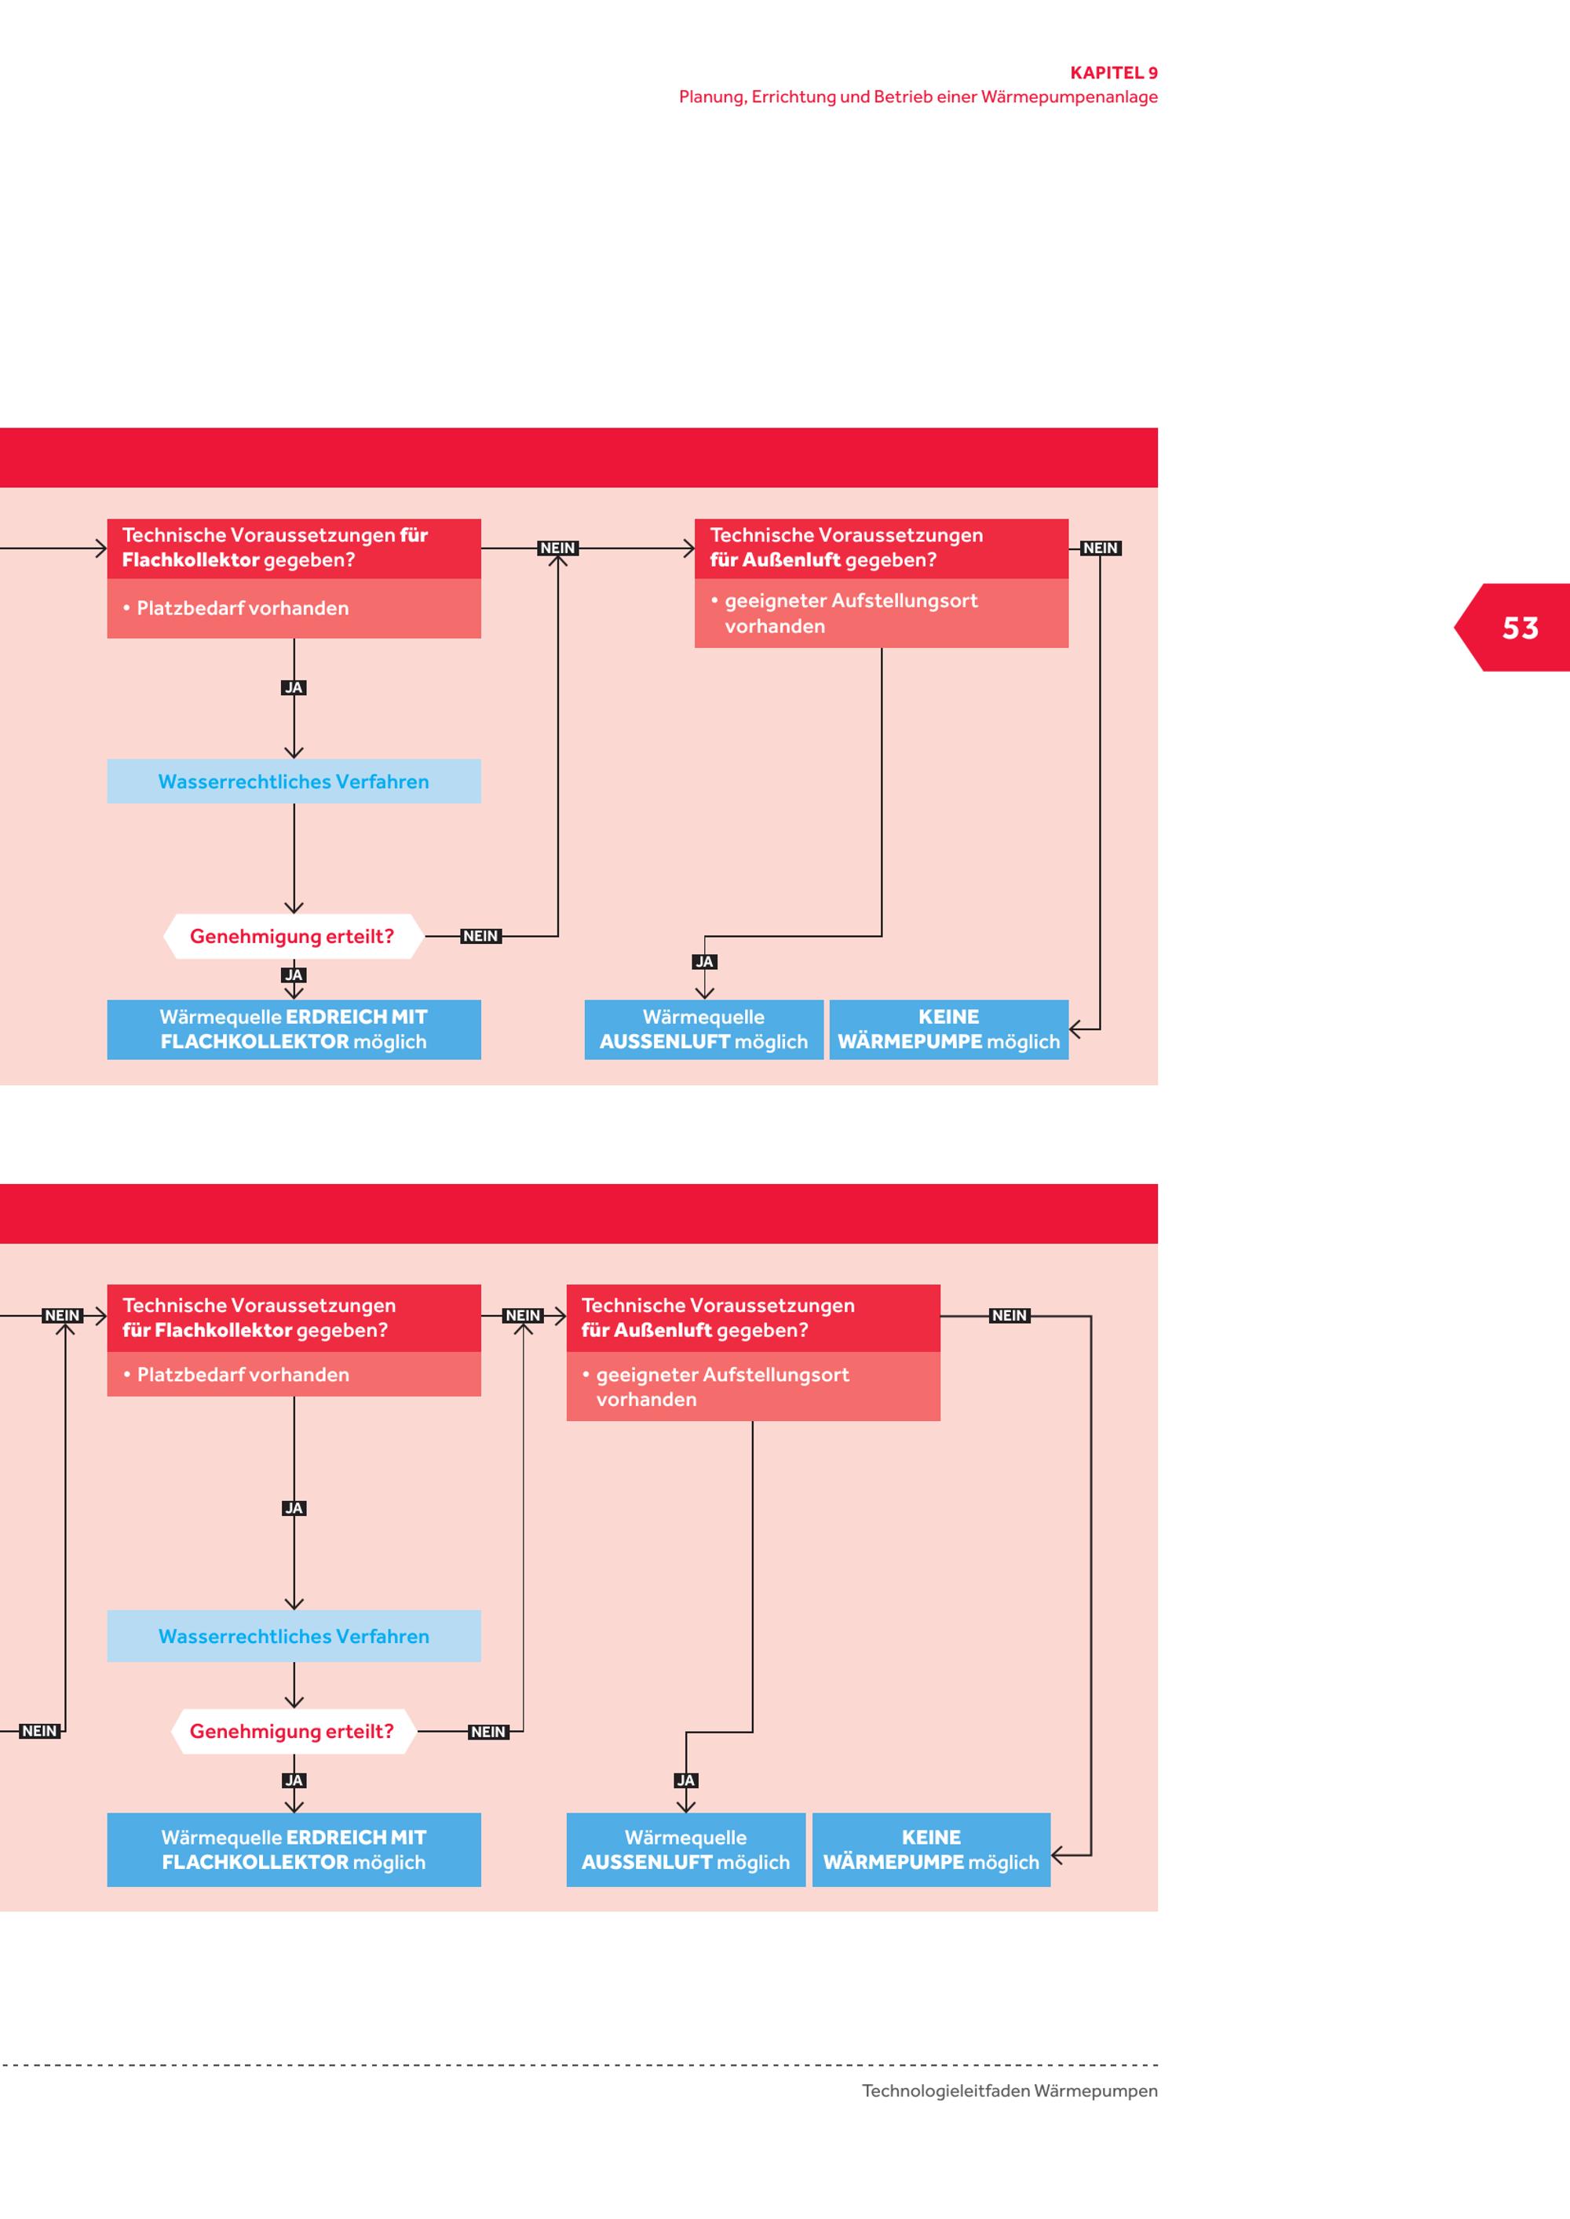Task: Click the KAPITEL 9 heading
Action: pyautogui.click(x=1114, y=72)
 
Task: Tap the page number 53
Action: pyautogui.click(x=1520, y=629)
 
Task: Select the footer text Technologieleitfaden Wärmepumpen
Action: pyautogui.click(x=1010, y=2090)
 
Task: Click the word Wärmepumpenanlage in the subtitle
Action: pyautogui.click(x=1069, y=97)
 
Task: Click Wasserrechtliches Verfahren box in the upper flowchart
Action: pyautogui.click(x=294, y=781)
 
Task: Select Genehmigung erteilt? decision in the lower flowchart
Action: pyautogui.click(x=293, y=1731)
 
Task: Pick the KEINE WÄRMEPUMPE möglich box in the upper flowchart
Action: pyautogui.click(x=948, y=1029)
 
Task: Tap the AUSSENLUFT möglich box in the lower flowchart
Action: pyautogui.click(x=685, y=1849)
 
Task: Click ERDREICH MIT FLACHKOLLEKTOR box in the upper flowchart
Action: pyautogui.click(x=294, y=1029)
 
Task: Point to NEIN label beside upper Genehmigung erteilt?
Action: pyautogui.click(x=480, y=935)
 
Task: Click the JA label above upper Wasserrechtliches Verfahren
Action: pyautogui.click(x=294, y=688)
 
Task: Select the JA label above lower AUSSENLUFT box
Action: pyautogui.click(x=685, y=1780)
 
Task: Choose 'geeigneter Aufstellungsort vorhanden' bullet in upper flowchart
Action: pyautogui.click(x=844, y=613)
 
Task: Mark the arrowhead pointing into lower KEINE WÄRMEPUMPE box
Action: pyautogui.click(x=1057, y=1856)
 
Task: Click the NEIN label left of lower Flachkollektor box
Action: pyautogui.click(x=62, y=1315)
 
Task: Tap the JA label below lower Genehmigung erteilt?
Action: pyautogui.click(x=294, y=1780)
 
